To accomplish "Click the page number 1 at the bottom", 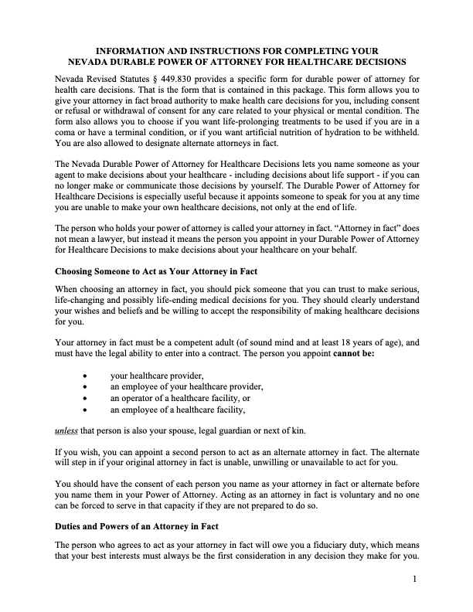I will [x=414, y=579].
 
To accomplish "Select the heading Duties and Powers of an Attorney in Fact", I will [x=137, y=525].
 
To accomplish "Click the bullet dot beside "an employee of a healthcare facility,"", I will [x=83, y=410].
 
